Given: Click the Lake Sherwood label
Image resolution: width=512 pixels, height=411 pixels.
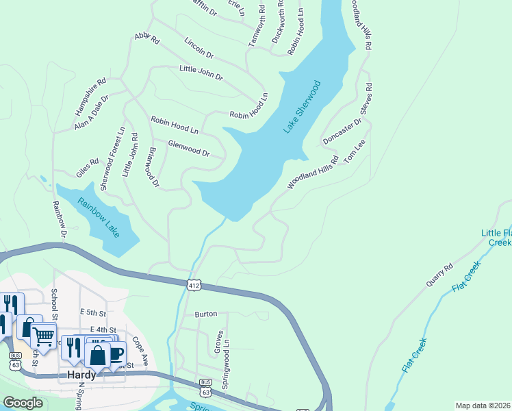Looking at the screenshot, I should pyautogui.click(x=302, y=108).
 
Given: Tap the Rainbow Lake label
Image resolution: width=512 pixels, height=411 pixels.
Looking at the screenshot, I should pyautogui.click(x=99, y=218).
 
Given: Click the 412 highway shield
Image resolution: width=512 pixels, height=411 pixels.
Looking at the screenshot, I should pyautogui.click(x=195, y=283).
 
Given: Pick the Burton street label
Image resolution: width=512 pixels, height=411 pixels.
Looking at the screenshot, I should pyautogui.click(x=206, y=314).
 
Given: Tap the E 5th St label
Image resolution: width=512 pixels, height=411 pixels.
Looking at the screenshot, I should pyautogui.click(x=93, y=312).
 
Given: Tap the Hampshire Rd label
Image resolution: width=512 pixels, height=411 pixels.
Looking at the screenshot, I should pyautogui.click(x=90, y=95).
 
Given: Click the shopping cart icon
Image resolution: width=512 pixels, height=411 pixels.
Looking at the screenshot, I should pyautogui.click(x=44, y=336).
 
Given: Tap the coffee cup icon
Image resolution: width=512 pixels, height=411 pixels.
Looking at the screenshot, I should pyautogui.click(x=116, y=354).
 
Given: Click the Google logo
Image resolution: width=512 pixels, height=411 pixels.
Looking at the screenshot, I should pyautogui.click(x=23, y=403).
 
